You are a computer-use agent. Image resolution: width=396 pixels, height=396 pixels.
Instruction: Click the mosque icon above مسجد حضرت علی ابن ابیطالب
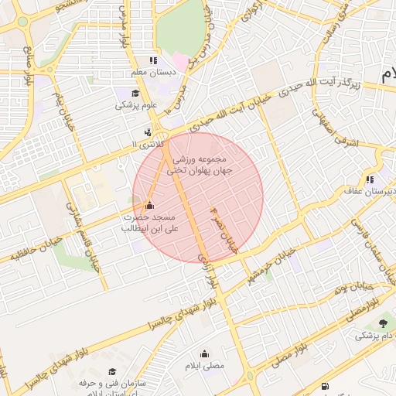click(149, 205)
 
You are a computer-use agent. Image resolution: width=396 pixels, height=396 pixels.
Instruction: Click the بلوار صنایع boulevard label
click(28, 66)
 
